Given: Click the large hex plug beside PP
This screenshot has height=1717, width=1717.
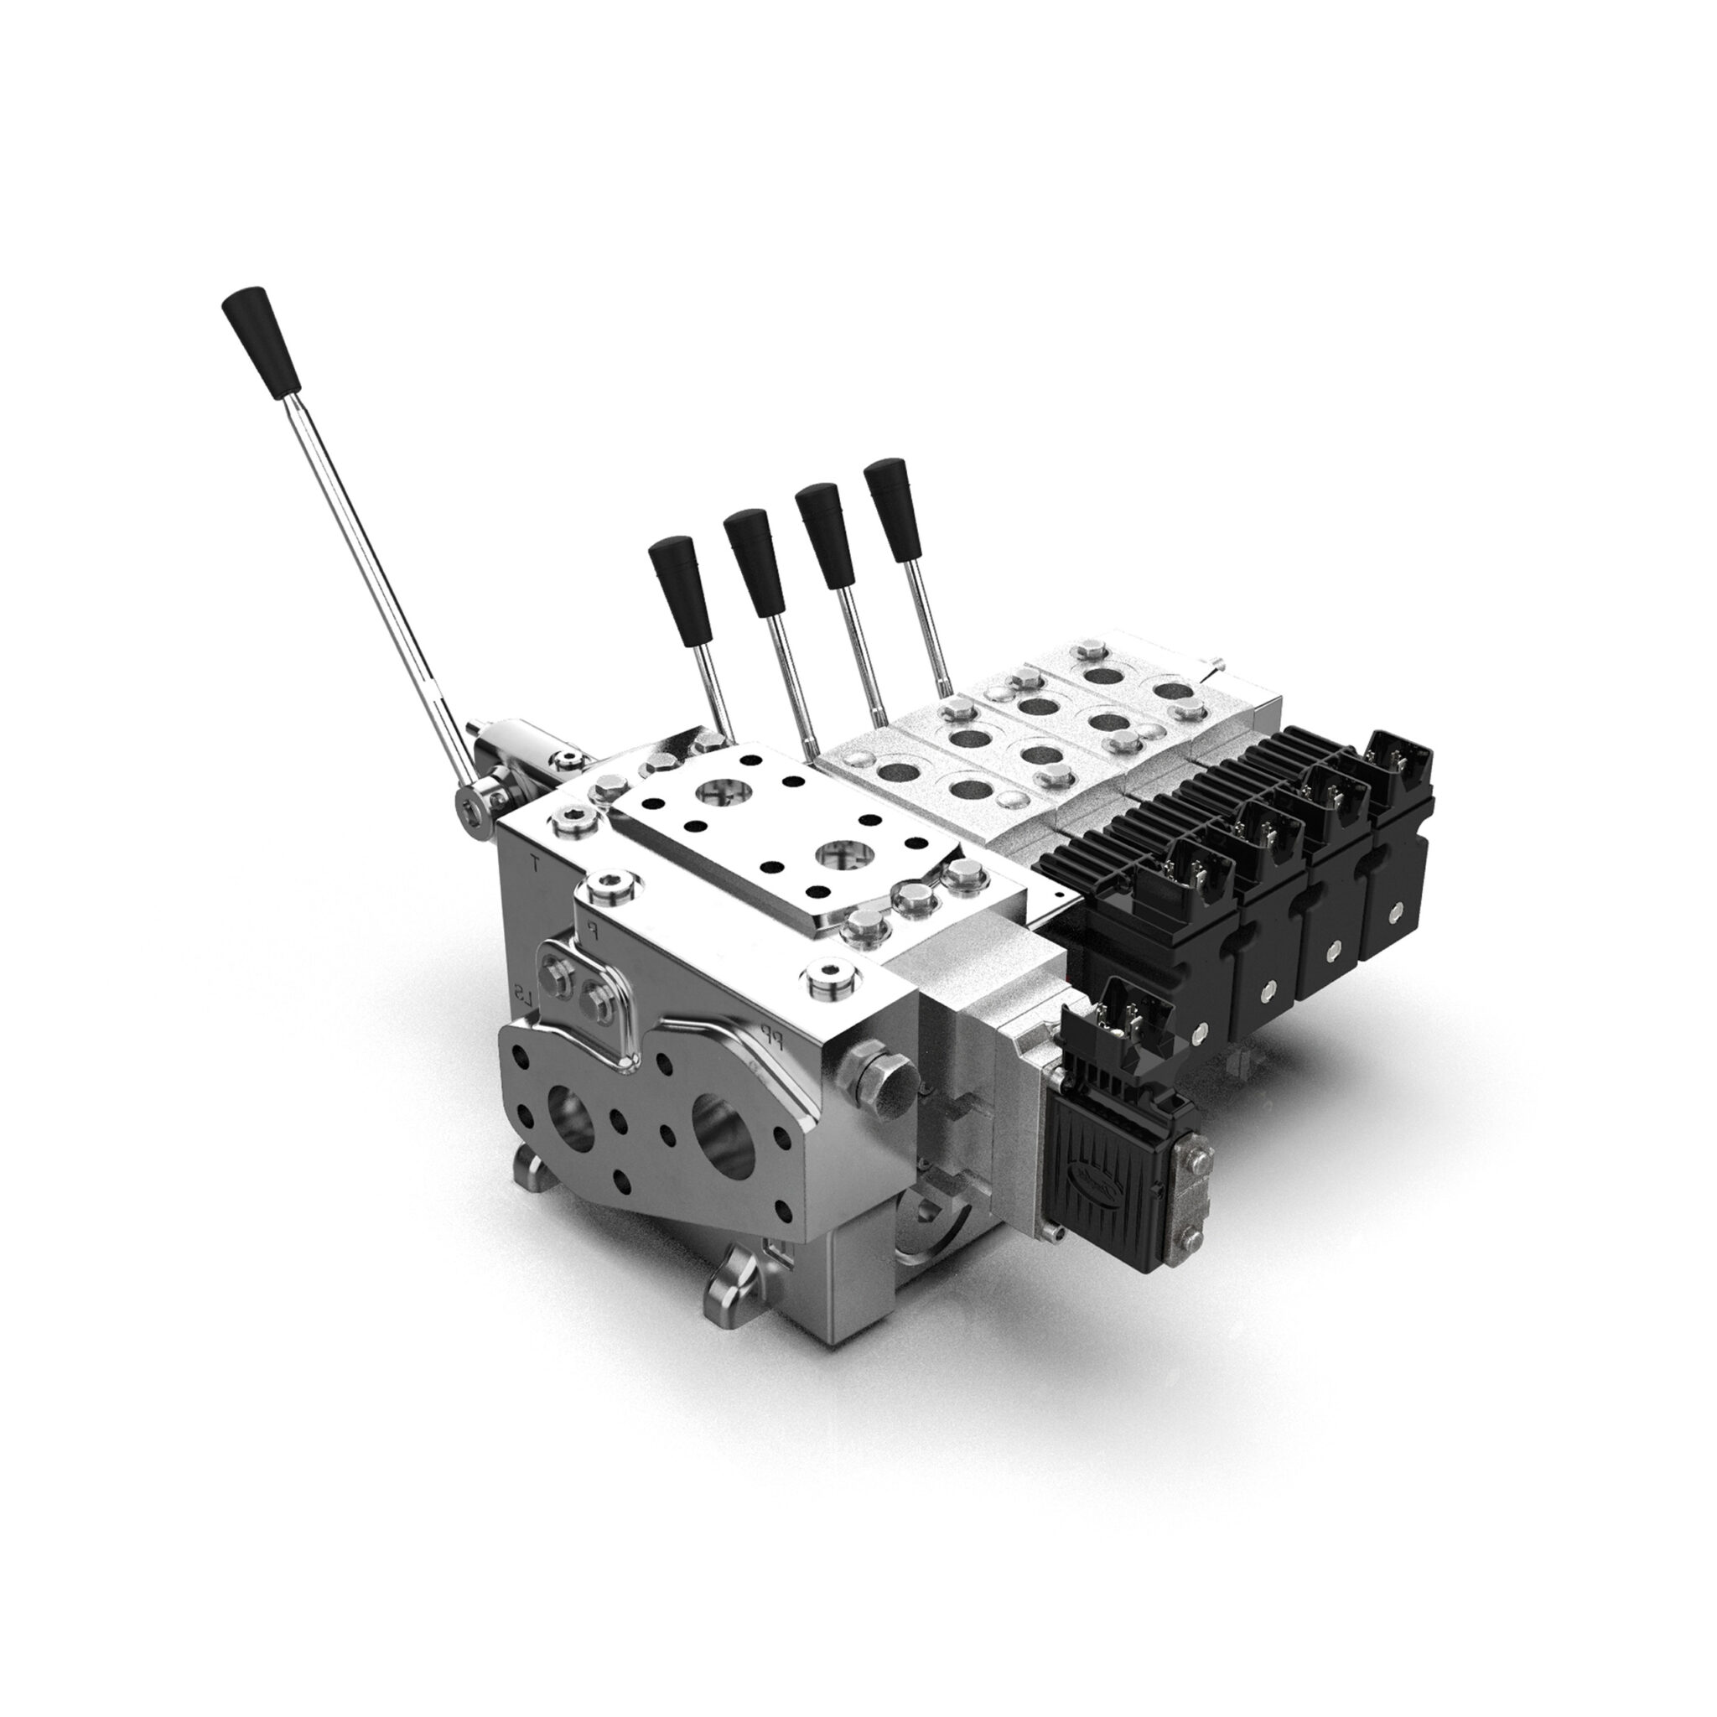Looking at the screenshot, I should pos(878,1079).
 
